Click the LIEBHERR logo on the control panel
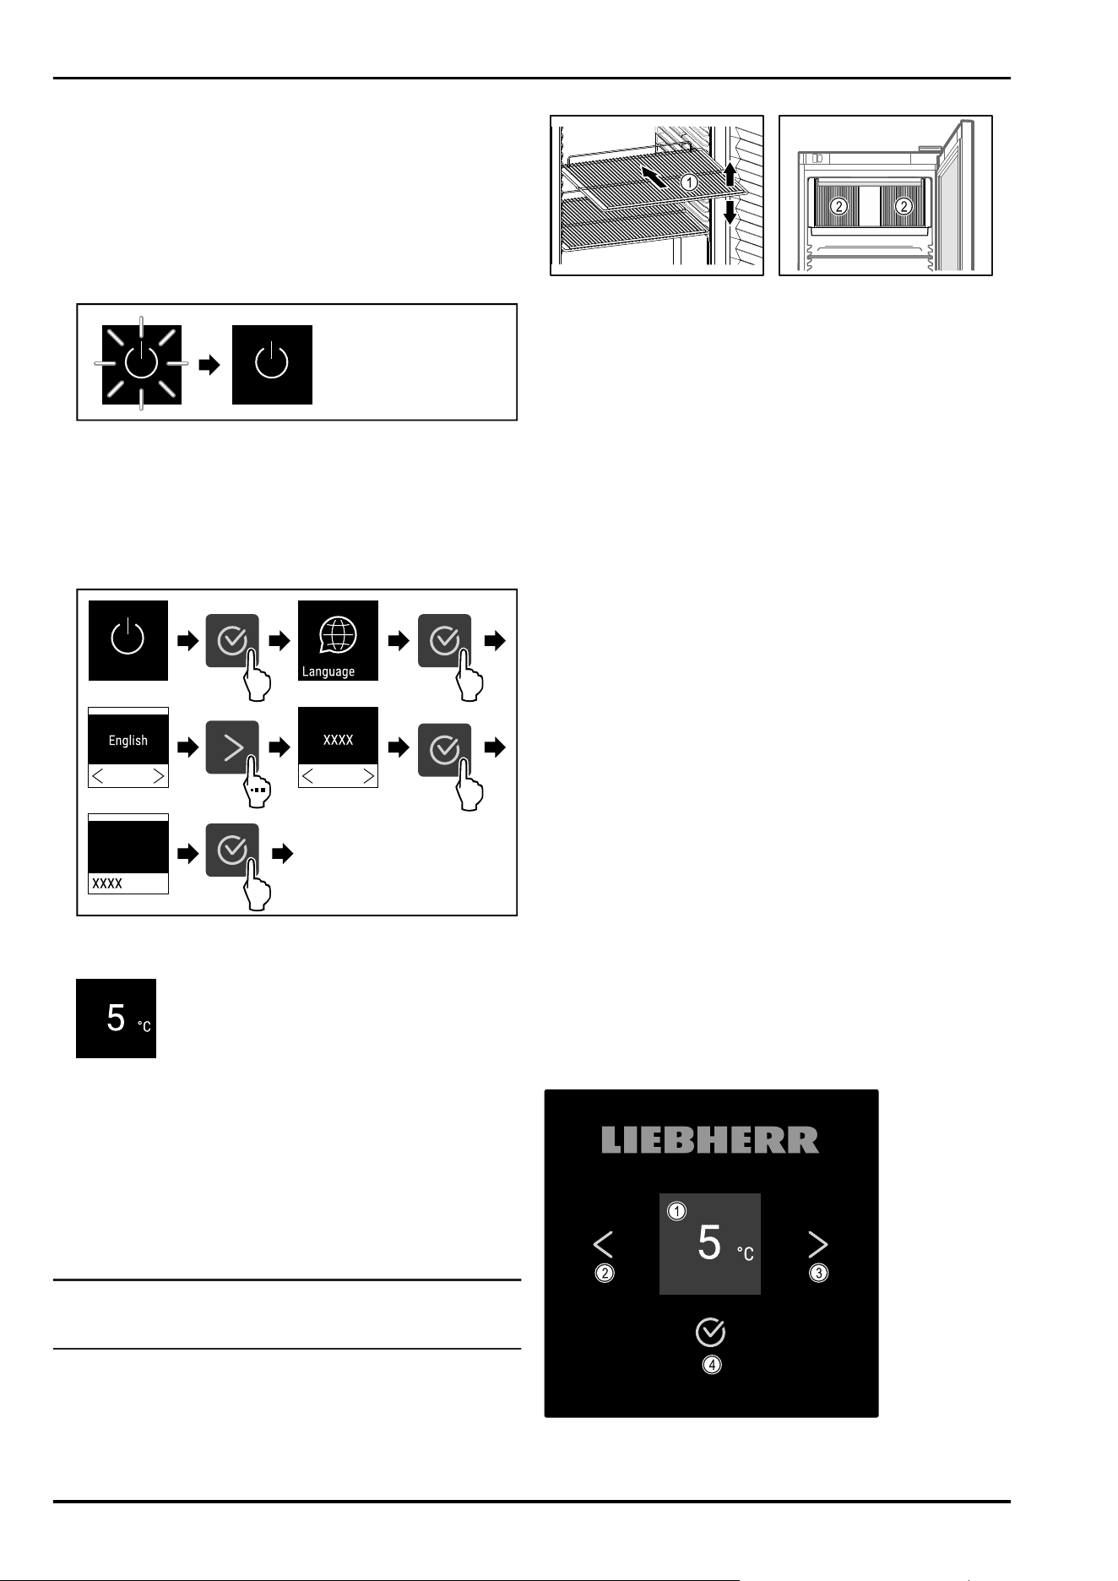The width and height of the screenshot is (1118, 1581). click(x=710, y=1140)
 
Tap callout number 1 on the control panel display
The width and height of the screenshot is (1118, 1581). click(x=677, y=1212)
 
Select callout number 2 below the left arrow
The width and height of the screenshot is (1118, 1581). click(x=604, y=1274)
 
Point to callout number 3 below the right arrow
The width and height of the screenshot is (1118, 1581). click(x=818, y=1273)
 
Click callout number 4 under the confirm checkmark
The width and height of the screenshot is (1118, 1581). click(x=712, y=1365)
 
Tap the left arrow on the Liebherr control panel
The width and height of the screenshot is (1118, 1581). click(x=603, y=1245)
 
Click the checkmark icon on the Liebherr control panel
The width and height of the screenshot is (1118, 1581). click(x=710, y=1332)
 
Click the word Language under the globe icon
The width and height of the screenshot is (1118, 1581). click(x=328, y=671)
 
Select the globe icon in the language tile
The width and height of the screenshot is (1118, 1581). click(x=338, y=635)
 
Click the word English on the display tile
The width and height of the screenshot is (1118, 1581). click(x=128, y=740)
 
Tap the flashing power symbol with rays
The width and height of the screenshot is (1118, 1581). click(x=141, y=364)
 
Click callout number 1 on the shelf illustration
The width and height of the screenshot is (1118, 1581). click(x=689, y=182)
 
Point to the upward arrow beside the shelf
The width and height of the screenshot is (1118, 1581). click(x=730, y=174)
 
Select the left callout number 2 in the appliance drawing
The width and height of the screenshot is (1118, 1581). click(x=838, y=205)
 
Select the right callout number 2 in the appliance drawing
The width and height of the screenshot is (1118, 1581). click(x=904, y=205)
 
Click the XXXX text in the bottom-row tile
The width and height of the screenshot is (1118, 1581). click(x=107, y=883)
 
